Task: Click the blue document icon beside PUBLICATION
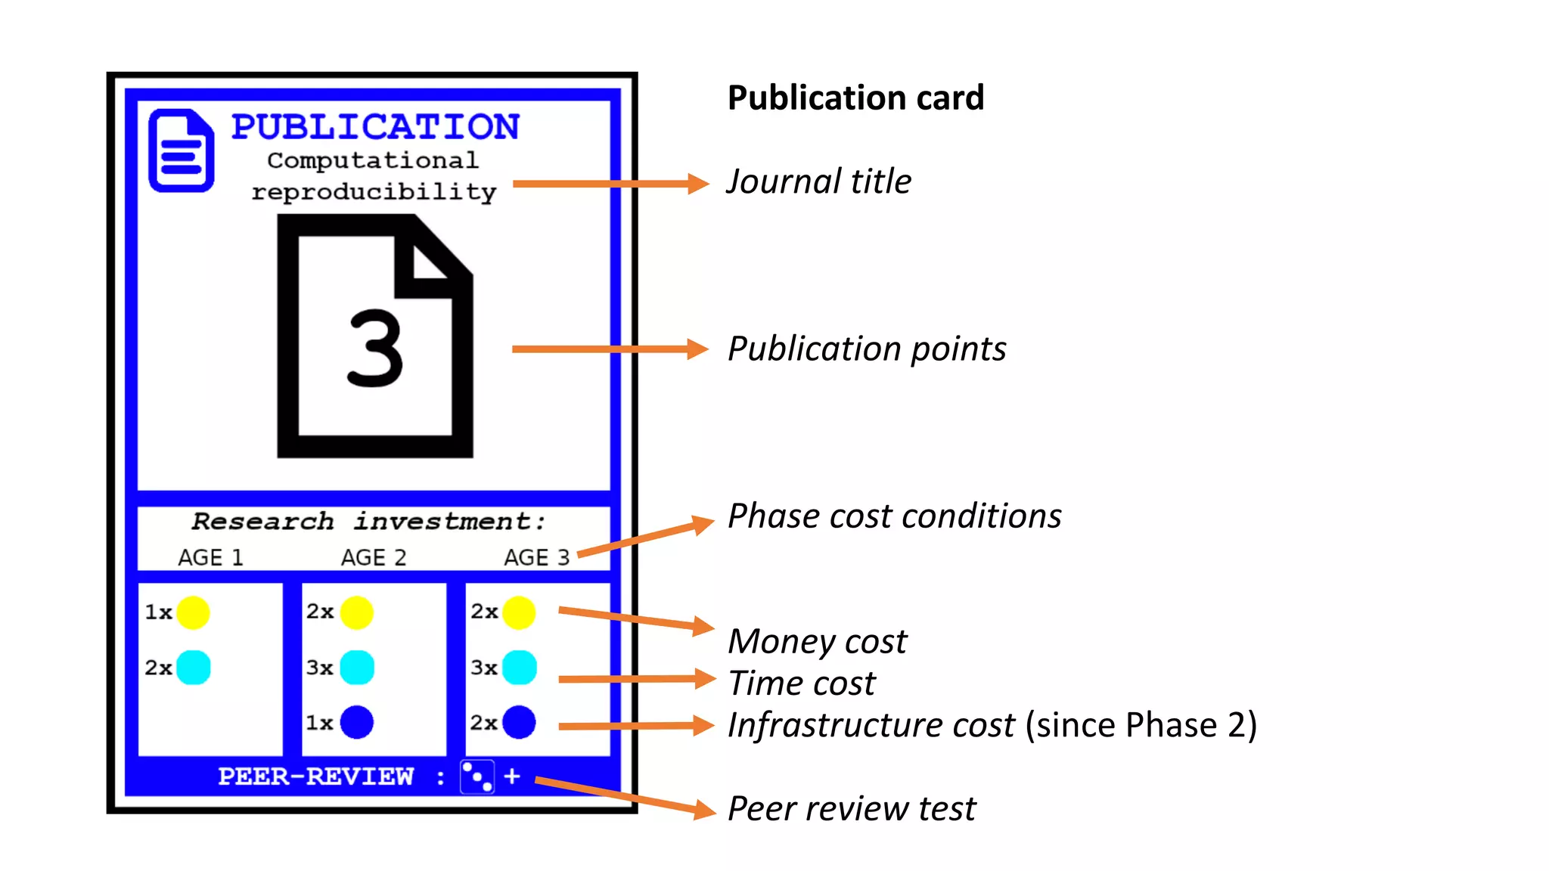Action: coord(181,150)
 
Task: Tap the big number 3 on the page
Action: coord(374,349)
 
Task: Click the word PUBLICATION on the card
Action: coord(375,127)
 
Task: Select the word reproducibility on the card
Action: coord(374,192)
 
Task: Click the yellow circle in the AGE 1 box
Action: coord(193,612)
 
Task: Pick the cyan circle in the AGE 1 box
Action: coord(194,668)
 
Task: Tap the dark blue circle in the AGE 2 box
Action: coord(357,722)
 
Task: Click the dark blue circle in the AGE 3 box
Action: coord(520,722)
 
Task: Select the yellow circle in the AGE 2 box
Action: coord(357,612)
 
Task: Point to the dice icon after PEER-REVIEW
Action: coord(477,776)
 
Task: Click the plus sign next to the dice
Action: coord(512,776)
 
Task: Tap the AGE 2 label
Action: coord(374,558)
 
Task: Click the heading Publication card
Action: coord(855,98)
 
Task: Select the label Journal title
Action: coord(819,181)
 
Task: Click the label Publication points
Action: coord(867,349)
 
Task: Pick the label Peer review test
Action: coord(852,808)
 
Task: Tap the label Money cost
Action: coord(817,641)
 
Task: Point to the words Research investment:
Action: coord(368,522)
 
